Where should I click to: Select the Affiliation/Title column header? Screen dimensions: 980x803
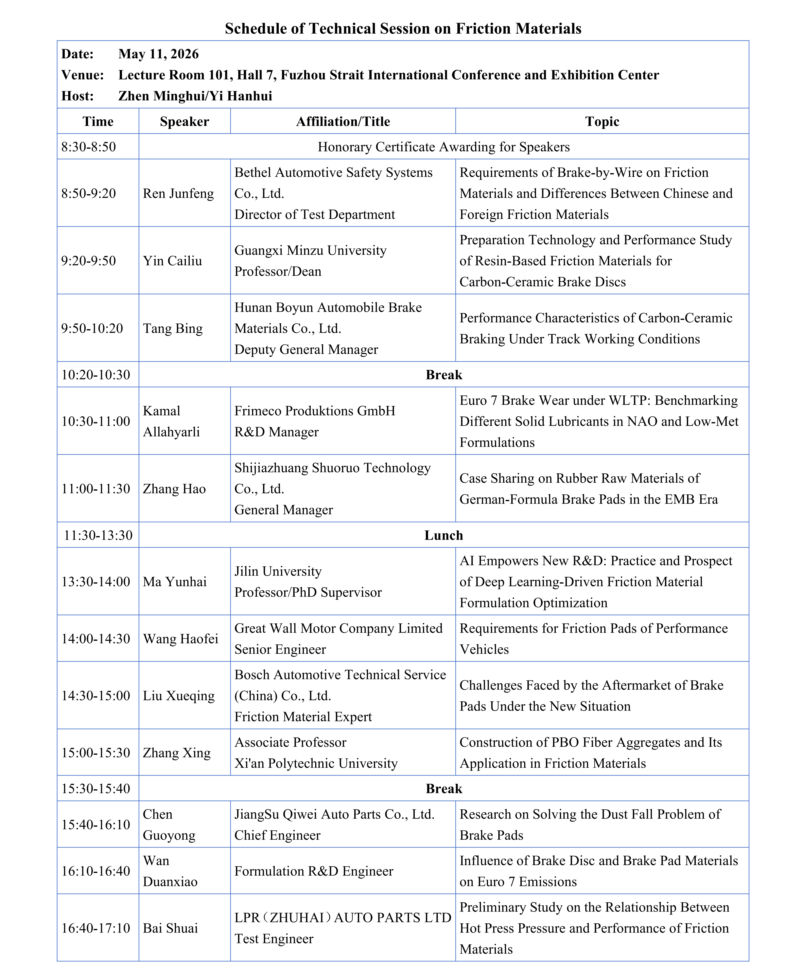click(x=343, y=121)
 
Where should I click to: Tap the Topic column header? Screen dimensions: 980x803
click(x=602, y=121)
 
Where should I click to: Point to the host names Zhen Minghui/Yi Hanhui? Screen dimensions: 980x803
click(x=195, y=96)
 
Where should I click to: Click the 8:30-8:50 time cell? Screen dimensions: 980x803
click(x=89, y=147)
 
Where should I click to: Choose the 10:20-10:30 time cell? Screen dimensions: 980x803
click(x=96, y=375)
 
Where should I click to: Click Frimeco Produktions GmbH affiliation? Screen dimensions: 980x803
click(x=315, y=411)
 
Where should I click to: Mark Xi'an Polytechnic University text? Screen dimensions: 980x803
click(x=316, y=763)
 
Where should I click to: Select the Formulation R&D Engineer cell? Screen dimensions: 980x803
click(x=314, y=871)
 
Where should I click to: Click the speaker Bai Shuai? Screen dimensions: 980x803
click(x=170, y=928)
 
